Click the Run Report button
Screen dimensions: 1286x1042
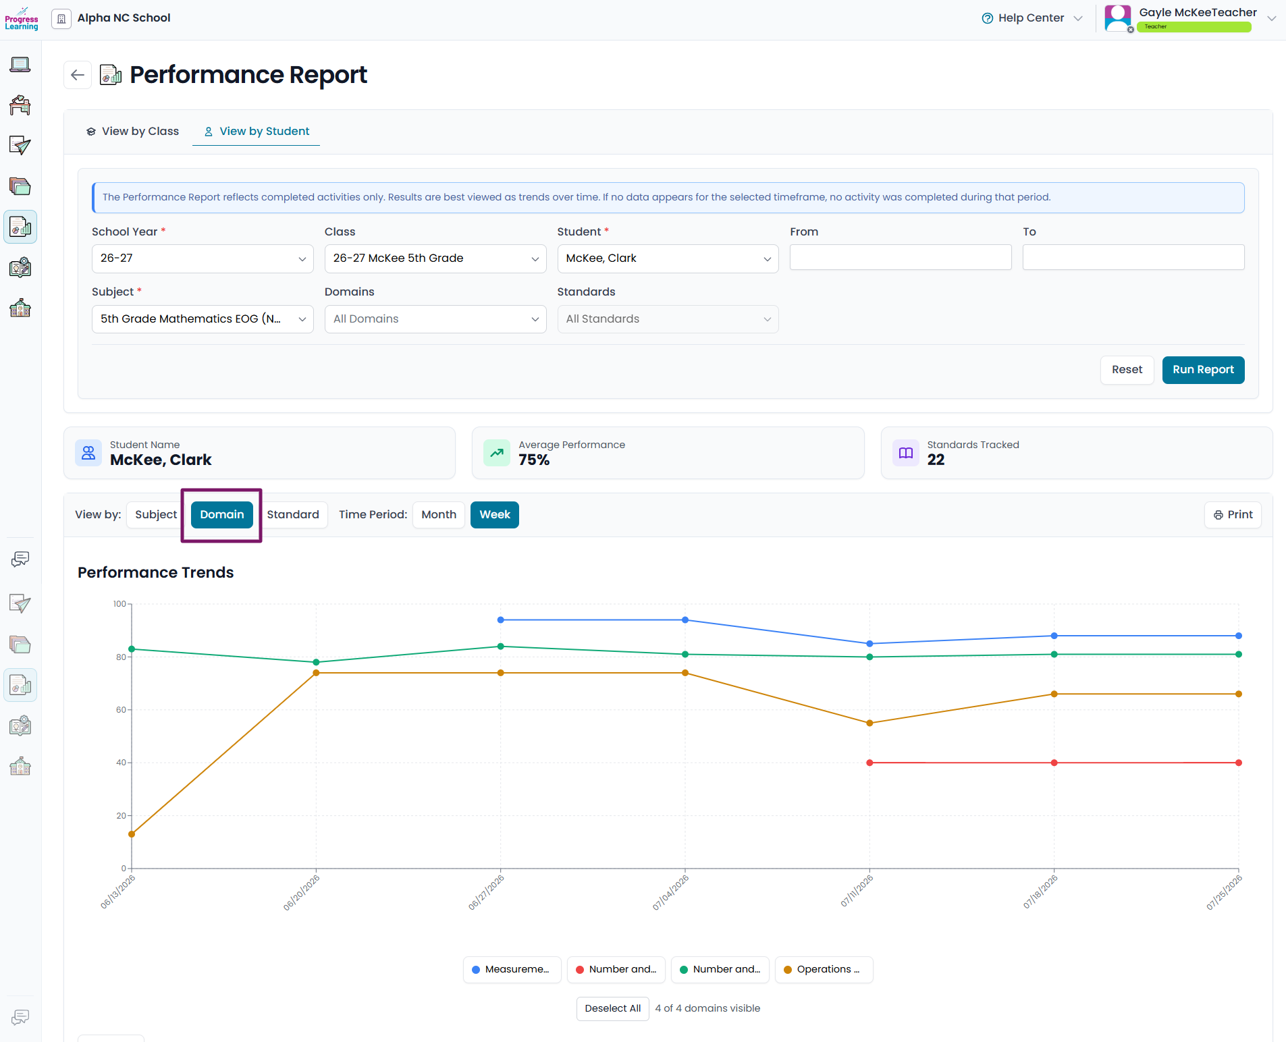click(1203, 370)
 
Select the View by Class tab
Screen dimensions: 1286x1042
click(133, 132)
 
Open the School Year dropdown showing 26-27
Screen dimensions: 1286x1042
click(203, 258)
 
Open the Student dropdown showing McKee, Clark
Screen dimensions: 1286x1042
click(668, 258)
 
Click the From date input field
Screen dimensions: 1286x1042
click(901, 257)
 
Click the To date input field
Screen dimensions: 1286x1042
click(1133, 257)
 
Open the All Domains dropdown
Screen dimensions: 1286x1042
click(435, 319)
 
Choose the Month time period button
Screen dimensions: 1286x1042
click(439, 515)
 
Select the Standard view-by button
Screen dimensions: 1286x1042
click(293, 515)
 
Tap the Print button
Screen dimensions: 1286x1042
click(1233, 515)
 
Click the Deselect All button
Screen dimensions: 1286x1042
click(613, 1009)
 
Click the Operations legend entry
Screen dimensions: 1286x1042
click(824, 970)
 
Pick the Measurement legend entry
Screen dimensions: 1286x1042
click(512, 970)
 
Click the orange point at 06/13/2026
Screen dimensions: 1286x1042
click(132, 834)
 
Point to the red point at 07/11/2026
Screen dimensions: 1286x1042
click(869, 763)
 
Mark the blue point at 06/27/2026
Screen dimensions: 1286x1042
click(501, 620)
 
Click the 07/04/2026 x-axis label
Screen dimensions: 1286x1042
click(670, 893)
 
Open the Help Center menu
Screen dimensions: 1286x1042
click(1032, 18)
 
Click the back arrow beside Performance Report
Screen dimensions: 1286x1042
click(78, 75)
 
